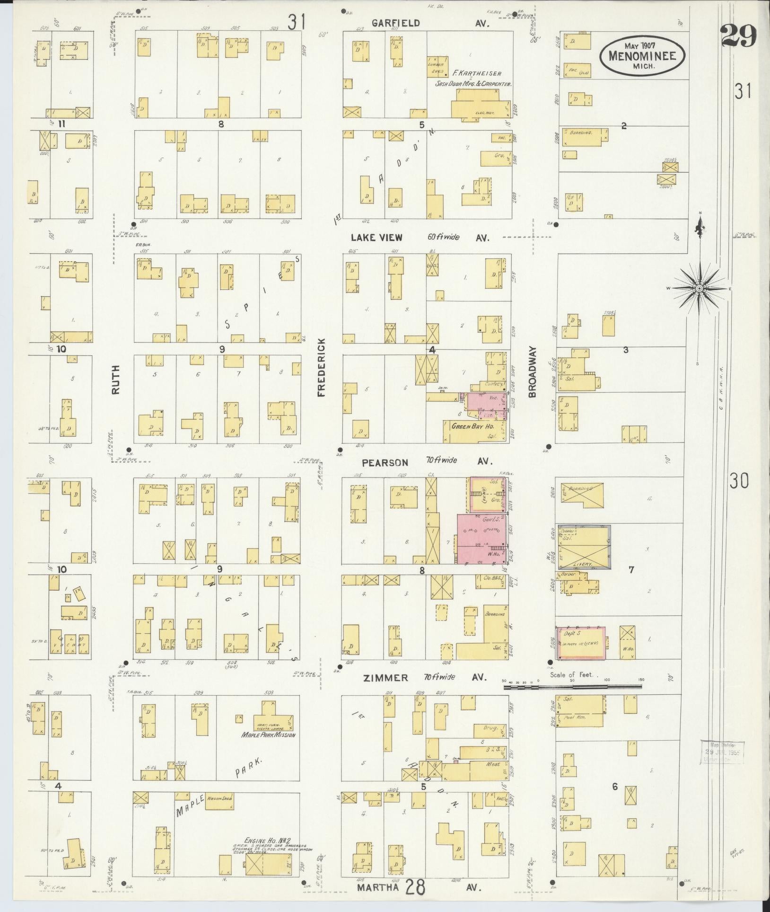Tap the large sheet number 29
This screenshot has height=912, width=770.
(739, 36)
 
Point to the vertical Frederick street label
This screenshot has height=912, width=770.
(322, 367)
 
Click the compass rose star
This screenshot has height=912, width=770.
(699, 287)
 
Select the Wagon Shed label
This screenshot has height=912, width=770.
(218, 798)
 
